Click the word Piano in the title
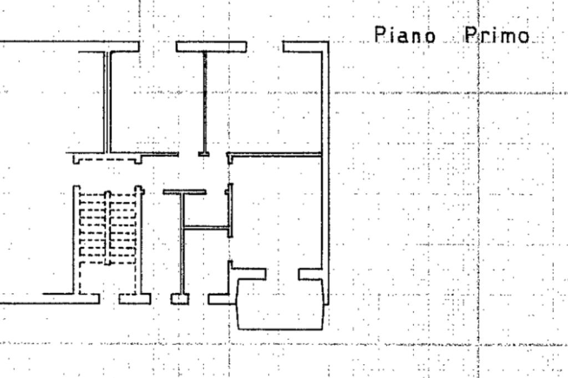(x=404, y=35)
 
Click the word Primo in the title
(x=497, y=35)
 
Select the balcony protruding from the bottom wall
(x=280, y=304)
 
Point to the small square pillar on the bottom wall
(x=180, y=299)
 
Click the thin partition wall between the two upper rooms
(x=205, y=103)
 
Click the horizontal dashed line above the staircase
(x=107, y=160)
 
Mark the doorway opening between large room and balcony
(x=282, y=274)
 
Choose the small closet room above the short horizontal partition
(x=206, y=210)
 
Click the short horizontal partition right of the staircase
(x=206, y=228)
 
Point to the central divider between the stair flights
(x=108, y=228)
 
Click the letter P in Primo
(x=470, y=35)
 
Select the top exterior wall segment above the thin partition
(x=211, y=47)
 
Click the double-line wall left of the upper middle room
(x=107, y=103)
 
